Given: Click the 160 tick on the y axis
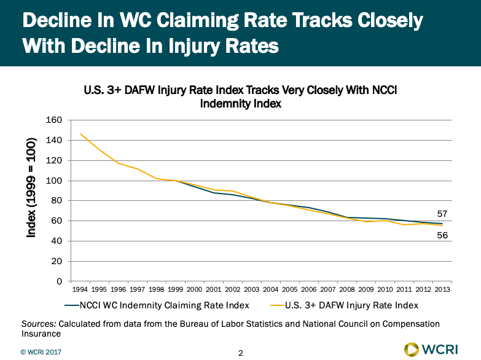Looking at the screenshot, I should point(55,120).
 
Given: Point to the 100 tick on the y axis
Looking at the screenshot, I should point(55,181).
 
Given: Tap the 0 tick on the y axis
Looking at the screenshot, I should point(59,281).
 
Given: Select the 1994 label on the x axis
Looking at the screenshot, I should point(80,289).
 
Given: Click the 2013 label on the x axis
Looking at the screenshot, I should point(440,289).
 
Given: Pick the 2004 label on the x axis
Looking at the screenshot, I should point(270,289).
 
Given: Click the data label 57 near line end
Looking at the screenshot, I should point(441,214).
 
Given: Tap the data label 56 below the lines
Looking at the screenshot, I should point(441,235).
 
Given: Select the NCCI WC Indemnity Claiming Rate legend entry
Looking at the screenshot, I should point(156,305).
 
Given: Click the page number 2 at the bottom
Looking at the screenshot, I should point(240,353).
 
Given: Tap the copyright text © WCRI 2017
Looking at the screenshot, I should point(41,353).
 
